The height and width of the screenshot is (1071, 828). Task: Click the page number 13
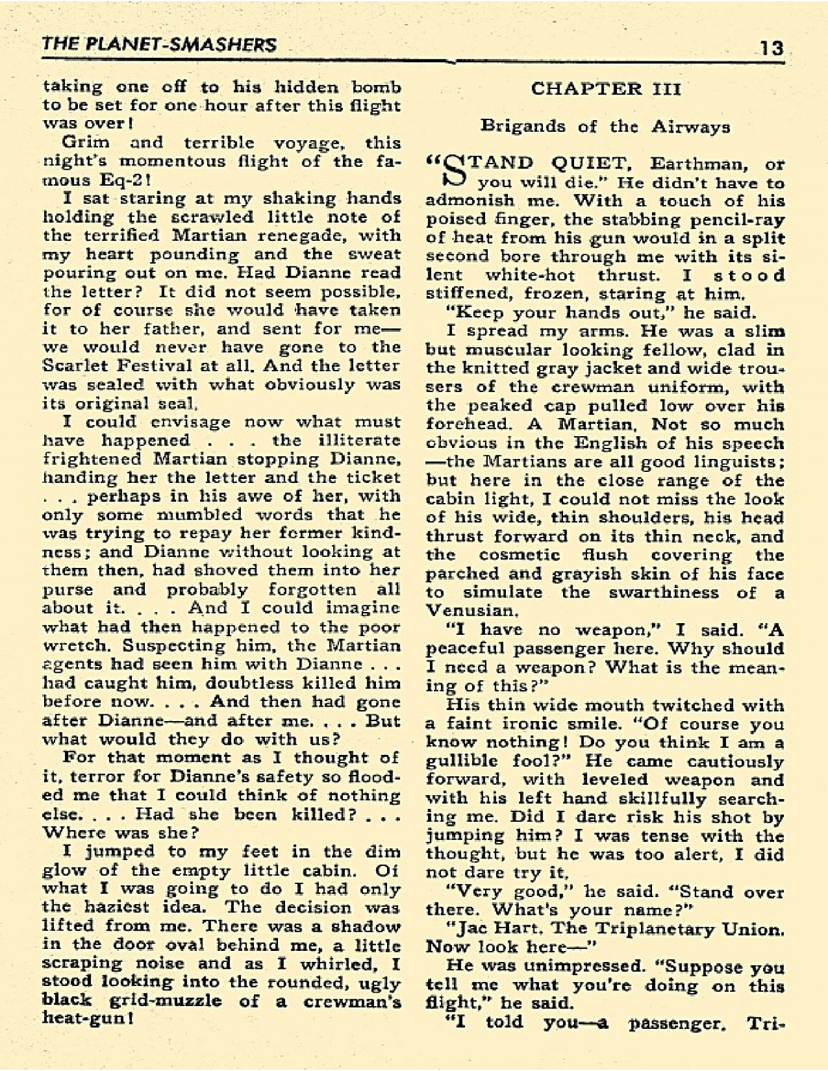click(x=771, y=48)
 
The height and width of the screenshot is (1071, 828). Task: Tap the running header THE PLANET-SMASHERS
click(x=159, y=45)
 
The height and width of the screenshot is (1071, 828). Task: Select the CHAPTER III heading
click(x=606, y=88)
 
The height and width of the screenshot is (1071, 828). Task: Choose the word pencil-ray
click(x=733, y=219)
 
